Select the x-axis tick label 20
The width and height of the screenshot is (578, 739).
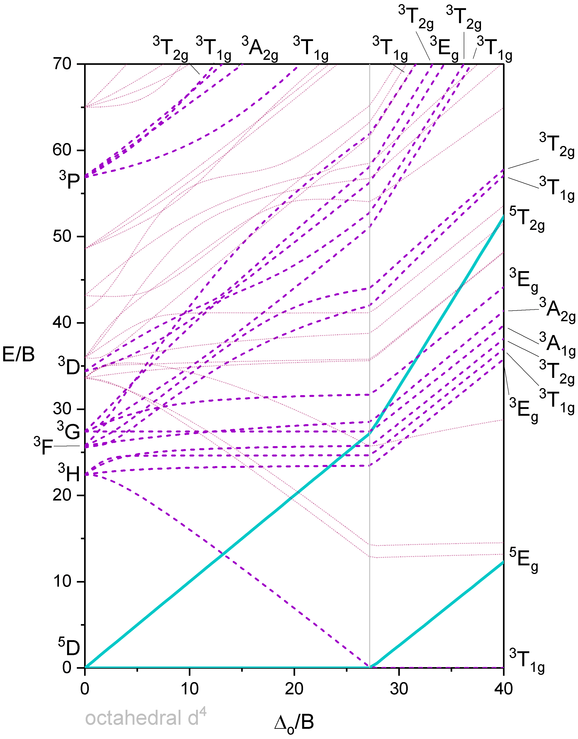(294, 689)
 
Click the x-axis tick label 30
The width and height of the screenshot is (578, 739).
(399, 689)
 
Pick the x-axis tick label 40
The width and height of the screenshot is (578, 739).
(503, 689)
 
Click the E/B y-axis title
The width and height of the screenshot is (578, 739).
(19, 355)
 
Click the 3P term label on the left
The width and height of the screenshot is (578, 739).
(69, 181)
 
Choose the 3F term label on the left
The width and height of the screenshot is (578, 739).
(43, 446)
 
